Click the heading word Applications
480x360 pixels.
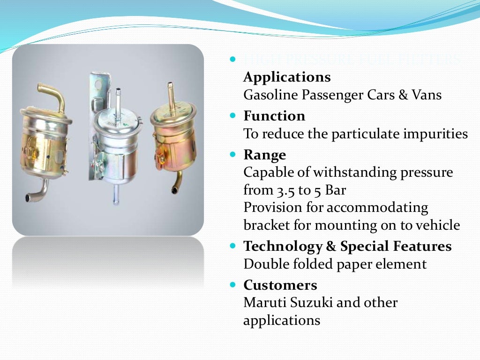click(x=287, y=77)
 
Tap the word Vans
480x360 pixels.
click(x=426, y=95)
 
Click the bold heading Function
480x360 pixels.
click(x=274, y=116)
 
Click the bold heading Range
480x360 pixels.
click(x=264, y=155)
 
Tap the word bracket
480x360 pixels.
click(x=266, y=225)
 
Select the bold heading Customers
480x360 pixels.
click(x=280, y=285)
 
